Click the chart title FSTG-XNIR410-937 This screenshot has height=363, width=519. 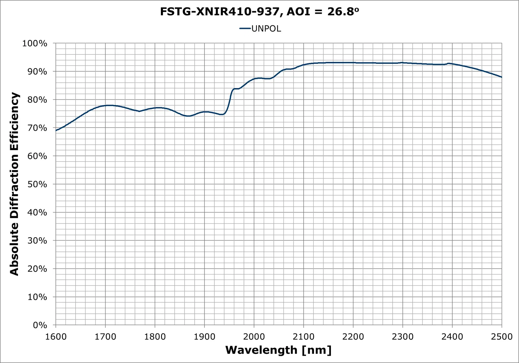pyautogui.click(x=219, y=12)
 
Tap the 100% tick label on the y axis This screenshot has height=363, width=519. pyautogui.click(x=35, y=43)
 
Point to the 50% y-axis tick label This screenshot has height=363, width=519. pyautogui.click(x=37, y=184)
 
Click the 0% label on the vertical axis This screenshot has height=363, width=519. pyautogui.click(x=40, y=325)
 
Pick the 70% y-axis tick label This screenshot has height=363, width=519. pyautogui.click(x=37, y=128)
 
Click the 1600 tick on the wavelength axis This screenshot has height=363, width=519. pyautogui.click(x=56, y=337)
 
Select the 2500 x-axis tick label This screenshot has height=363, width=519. pyautogui.click(x=501, y=337)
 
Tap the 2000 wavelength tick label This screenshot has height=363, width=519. pyautogui.click(x=254, y=337)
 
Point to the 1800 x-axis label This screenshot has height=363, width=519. pyautogui.click(x=155, y=337)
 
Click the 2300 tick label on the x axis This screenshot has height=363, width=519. pyautogui.click(x=403, y=337)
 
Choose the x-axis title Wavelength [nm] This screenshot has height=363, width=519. pyautogui.click(x=278, y=350)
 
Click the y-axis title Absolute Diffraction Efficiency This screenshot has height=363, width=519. pyautogui.click(x=15, y=184)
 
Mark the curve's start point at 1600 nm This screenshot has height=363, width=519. pyautogui.click(x=56, y=131)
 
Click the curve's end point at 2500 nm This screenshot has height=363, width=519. pyautogui.click(x=501, y=77)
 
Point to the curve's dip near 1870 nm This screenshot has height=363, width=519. pyautogui.click(x=188, y=116)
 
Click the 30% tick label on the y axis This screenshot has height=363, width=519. pyautogui.click(x=37, y=241)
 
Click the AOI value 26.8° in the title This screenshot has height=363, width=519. pyautogui.click(x=343, y=12)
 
